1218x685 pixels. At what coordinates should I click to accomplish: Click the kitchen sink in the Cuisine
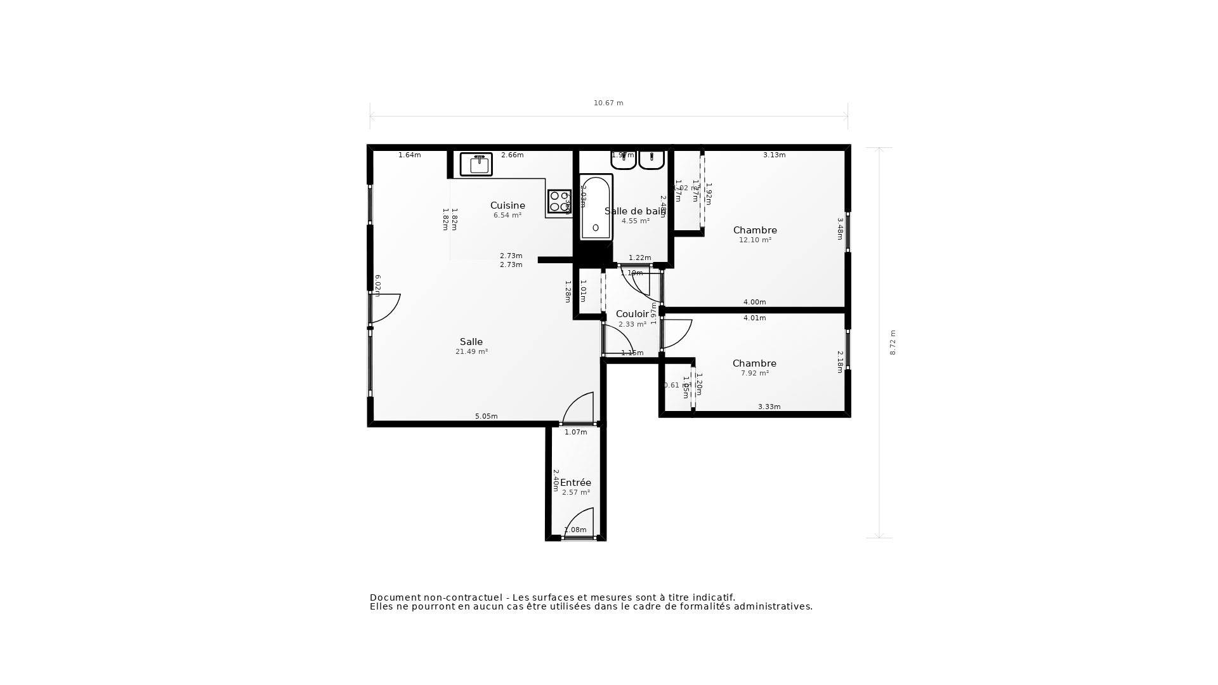tap(476, 164)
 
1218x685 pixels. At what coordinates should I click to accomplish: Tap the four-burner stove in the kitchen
tap(559, 201)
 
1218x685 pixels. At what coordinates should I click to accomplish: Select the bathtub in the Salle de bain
tap(596, 207)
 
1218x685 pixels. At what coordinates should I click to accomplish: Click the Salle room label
tap(471, 342)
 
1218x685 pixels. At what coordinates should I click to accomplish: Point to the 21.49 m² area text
tap(471, 352)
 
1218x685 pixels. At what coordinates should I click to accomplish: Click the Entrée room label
tap(575, 483)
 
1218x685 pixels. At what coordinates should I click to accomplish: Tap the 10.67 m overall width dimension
tap(608, 103)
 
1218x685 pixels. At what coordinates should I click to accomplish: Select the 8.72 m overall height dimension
tap(893, 342)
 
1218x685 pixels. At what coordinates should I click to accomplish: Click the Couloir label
tap(632, 314)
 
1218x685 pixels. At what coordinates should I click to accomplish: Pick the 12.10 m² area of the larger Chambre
tap(755, 240)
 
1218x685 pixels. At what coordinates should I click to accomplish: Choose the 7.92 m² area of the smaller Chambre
tap(755, 374)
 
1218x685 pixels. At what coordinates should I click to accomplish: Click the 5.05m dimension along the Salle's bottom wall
tap(487, 417)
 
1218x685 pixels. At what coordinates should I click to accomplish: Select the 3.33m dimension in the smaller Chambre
tap(769, 407)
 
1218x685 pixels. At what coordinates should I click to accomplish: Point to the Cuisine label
tap(507, 205)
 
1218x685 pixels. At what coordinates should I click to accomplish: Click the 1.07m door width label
tap(576, 433)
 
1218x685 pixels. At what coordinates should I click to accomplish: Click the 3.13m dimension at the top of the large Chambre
tap(774, 155)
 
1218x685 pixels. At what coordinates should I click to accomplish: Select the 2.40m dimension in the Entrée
tap(556, 480)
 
